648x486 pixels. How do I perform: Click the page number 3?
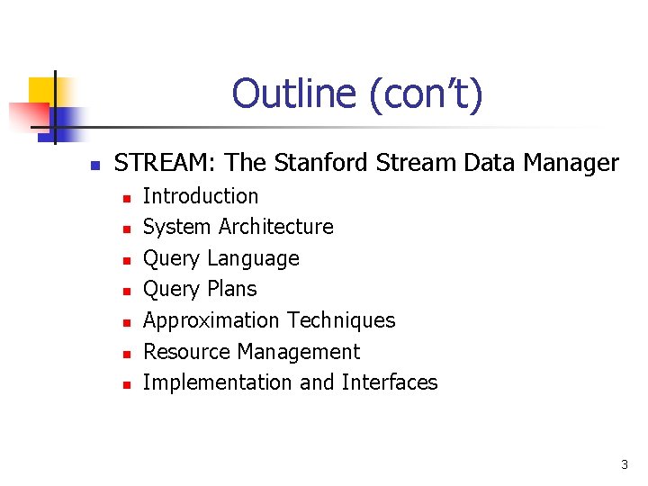625,465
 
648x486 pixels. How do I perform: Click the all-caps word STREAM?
166,163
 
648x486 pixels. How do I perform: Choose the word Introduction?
201,196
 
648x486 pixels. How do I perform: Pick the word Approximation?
211,320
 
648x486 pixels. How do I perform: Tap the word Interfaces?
390,382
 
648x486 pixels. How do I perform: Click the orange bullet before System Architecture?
127,229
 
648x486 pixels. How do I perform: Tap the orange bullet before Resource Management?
127,354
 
